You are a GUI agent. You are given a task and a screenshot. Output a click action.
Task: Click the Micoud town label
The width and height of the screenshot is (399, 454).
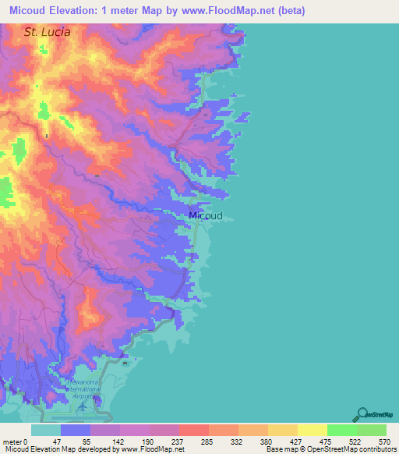(x=206, y=216)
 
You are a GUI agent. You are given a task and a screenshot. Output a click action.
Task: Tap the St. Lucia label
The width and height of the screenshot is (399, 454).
(x=47, y=33)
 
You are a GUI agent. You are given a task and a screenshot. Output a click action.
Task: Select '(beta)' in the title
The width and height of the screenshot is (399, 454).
(x=288, y=11)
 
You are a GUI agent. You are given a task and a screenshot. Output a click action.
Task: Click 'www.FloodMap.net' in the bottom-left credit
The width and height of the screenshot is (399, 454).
(x=153, y=449)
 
